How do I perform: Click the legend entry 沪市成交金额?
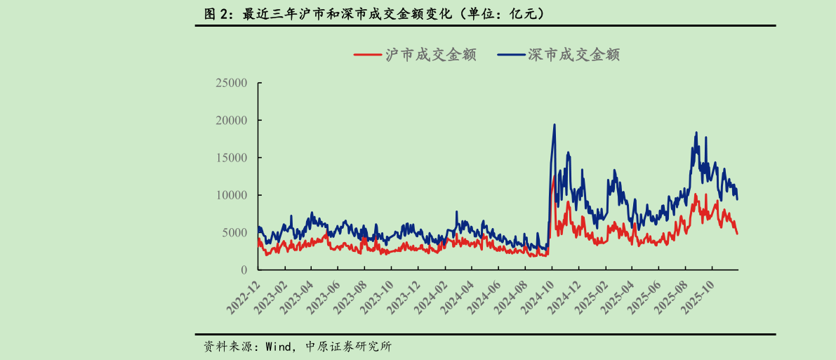(x=430, y=55)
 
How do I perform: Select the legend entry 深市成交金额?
(x=573, y=55)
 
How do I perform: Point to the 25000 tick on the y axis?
(x=231, y=83)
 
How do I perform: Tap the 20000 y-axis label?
(x=231, y=120)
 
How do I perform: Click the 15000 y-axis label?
(x=231, y=158)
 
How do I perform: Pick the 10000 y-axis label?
(x=231, y=195)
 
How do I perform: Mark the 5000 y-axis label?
(x=234, y=232)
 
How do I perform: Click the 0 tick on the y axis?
(x=244, y=270)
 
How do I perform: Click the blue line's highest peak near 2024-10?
(x=555, y=125)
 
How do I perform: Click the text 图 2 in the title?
(x=215, y=13)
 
